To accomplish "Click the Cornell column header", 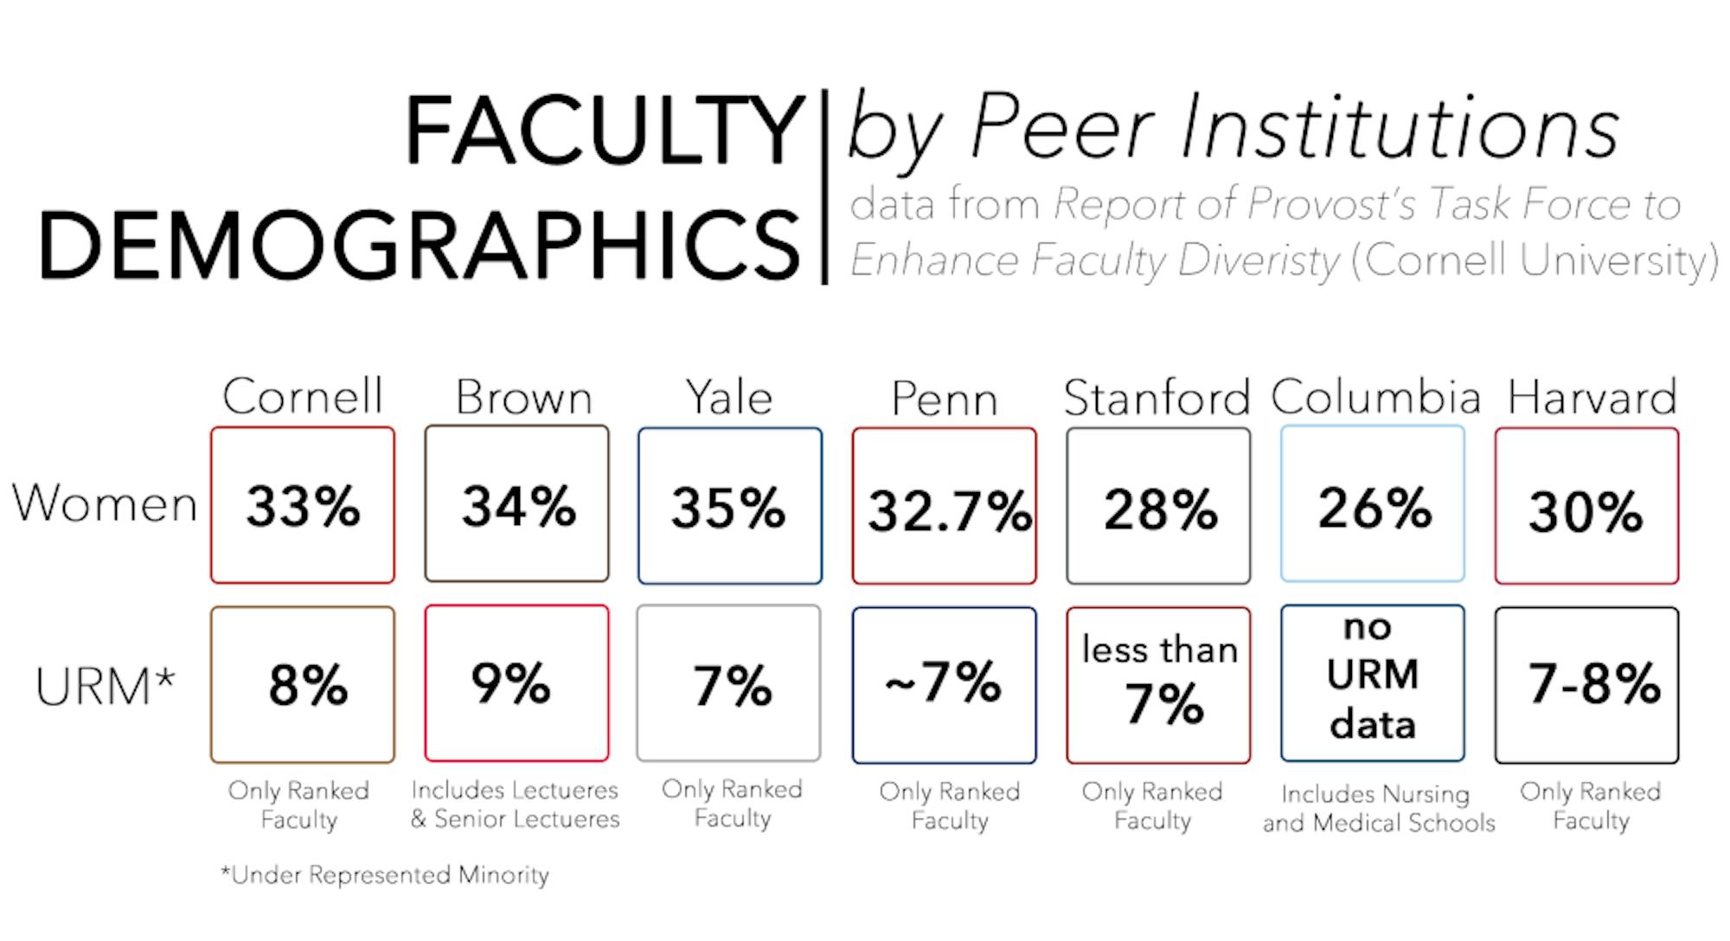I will [x=302, y=397].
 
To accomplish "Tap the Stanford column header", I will [x=1157, y=399].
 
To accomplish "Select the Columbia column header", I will [x=1375, y=397].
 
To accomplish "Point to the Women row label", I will [x=105, y=503].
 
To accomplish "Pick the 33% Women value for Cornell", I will [x=303, y=506].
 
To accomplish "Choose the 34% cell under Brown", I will [x=517, y=506].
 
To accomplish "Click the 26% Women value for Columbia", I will [x=1373, y=507].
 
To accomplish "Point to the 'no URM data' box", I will [x=1373, y=684].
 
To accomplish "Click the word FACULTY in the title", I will [x=605, y=131].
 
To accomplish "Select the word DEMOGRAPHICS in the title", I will [x=420, y=245].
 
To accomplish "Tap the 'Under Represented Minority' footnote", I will [x=385, y=875].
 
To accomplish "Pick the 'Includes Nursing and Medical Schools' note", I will [x=1378, y=808].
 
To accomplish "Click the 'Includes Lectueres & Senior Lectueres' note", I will [x=516, y=804].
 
